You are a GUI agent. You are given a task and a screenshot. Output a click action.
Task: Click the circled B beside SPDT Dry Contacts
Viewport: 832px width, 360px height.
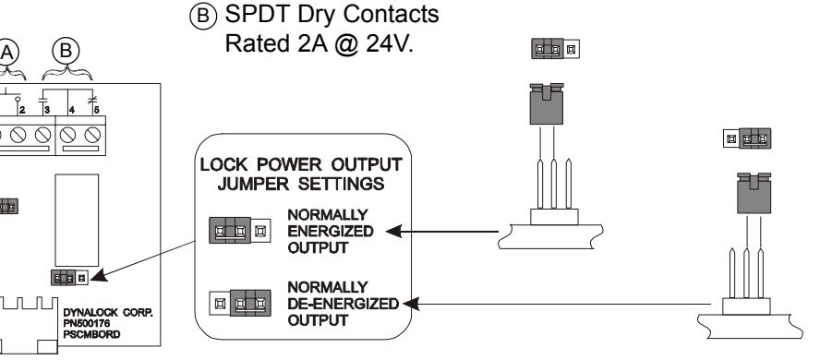[203, 17]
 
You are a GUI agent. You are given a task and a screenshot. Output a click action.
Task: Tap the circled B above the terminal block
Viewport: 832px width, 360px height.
[66, 52]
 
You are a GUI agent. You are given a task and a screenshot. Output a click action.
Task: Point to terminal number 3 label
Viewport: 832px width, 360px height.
[47, 110]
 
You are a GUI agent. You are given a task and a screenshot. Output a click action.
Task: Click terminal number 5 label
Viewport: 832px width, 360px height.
[96, 110]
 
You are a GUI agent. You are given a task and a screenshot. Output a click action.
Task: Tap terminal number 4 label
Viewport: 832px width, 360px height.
[72, 110]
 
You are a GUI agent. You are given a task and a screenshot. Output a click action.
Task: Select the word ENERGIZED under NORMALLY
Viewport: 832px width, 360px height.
[331, 232]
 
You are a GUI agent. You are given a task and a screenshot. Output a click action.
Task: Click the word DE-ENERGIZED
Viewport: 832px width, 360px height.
[344, 304]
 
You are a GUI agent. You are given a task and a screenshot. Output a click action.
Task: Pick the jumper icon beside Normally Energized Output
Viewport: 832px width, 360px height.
[240, 231]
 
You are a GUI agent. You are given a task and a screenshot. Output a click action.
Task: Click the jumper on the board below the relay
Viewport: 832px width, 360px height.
[69, 277]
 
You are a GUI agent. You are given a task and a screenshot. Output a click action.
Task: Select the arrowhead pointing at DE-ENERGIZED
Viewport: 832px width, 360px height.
[411, 304]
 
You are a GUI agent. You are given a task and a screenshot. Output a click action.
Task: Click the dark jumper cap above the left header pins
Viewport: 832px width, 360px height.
[547, 104]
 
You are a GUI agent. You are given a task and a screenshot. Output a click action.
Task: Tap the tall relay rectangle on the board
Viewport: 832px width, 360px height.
[77, 220]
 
